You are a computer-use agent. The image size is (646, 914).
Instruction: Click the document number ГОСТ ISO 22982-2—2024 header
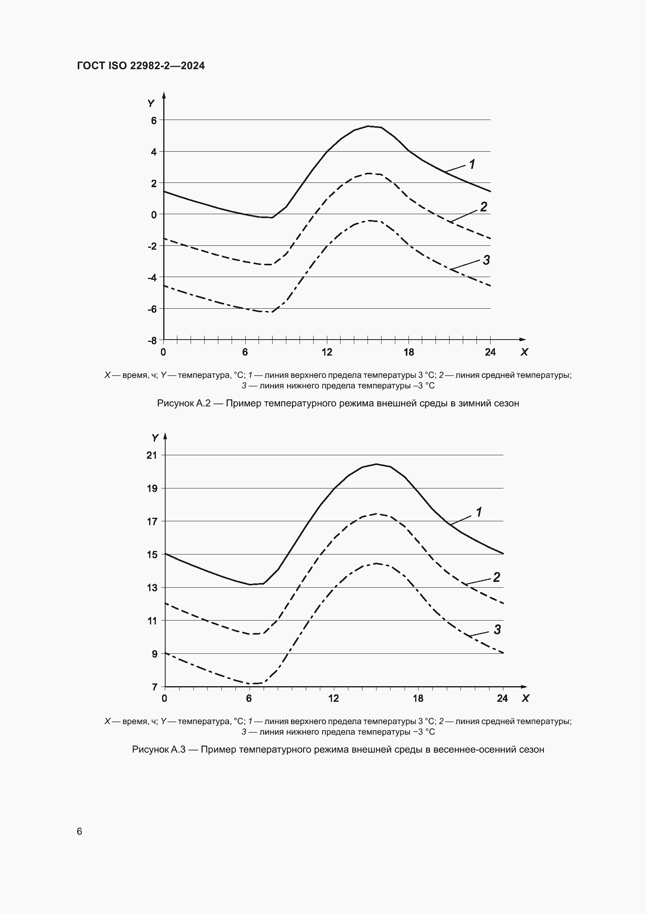coord(141,66)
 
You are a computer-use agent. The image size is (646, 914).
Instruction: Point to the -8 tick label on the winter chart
coord(152,341)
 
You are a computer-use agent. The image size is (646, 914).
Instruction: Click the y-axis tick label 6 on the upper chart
coord(154,120)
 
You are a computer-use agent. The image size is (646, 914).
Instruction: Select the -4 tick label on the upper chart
coord(152,277)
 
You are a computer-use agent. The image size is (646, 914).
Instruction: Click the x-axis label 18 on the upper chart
coord(409,352)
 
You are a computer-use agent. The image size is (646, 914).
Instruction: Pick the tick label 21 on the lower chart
coord(152,455)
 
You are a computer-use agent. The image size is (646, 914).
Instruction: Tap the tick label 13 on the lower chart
coord(152,588)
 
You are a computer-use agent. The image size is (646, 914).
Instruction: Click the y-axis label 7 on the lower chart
coord(154,687)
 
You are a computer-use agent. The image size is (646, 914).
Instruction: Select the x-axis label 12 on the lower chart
coord(333,698)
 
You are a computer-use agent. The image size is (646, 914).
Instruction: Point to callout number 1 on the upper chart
coord(472,164)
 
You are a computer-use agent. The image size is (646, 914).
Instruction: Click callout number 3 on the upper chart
coord(486,260)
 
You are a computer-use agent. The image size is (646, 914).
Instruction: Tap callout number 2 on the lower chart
coord(496,577)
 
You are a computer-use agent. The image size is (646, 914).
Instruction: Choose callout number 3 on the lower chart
coord(497,630)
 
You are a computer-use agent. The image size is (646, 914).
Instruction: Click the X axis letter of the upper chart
coord(524,352)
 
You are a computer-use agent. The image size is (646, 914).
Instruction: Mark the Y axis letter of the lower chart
coord(155,438)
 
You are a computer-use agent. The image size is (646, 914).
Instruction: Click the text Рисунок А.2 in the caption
coord(184,403)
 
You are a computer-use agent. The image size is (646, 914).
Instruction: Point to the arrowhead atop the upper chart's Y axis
coord(164,95)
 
